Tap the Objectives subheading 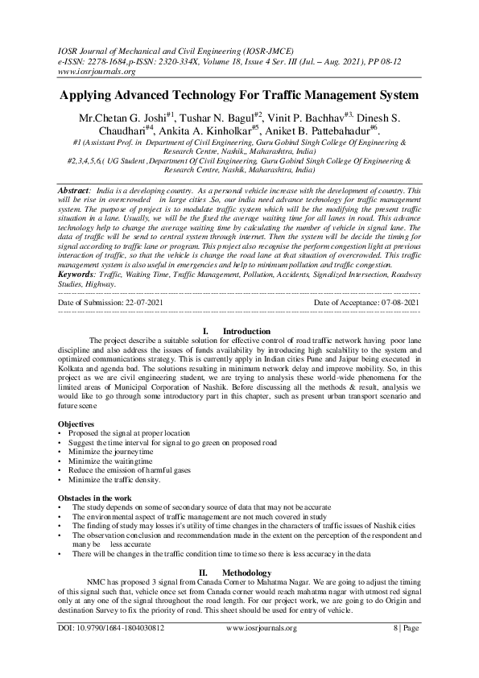pos(76,424)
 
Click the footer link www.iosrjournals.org pos(262,627)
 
